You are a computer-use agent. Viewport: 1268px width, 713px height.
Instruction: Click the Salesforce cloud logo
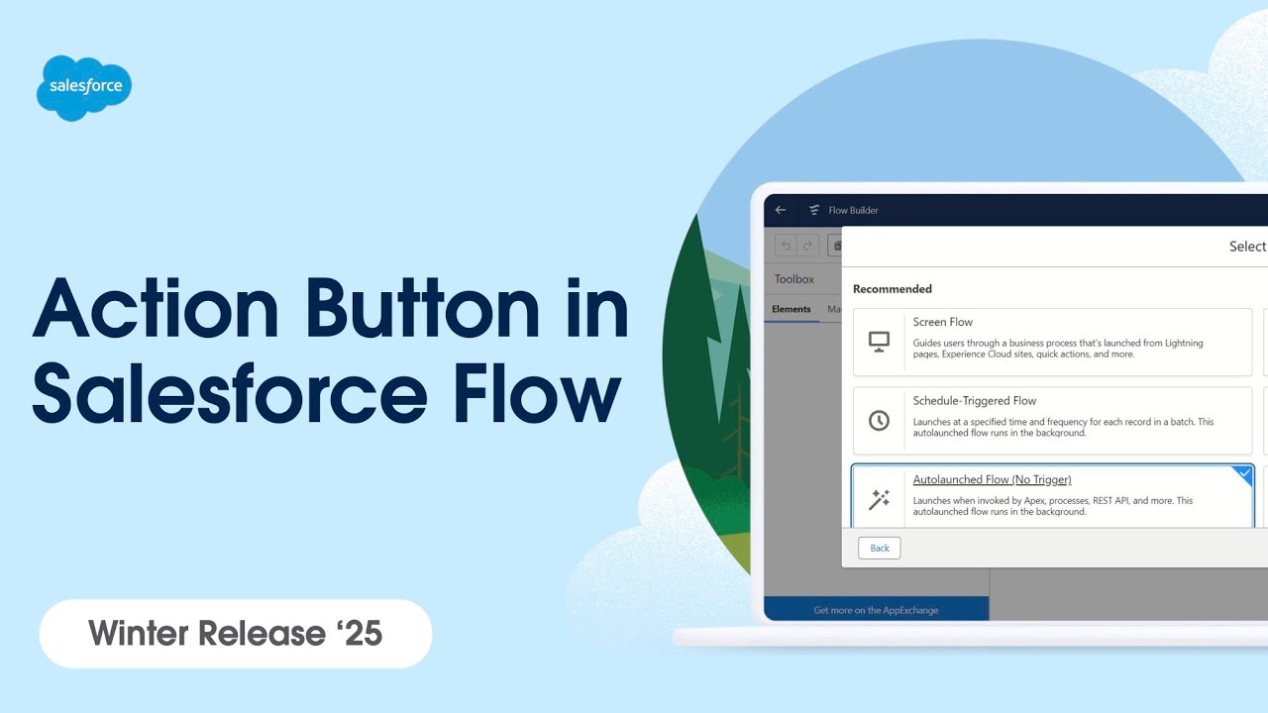[84, 87]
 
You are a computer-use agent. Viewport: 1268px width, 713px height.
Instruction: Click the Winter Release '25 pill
[236, 633]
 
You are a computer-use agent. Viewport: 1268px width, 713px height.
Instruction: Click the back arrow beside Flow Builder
[781, 210]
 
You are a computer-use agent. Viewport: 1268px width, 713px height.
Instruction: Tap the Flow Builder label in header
[853, 210]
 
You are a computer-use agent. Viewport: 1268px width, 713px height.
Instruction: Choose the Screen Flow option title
[942, 322]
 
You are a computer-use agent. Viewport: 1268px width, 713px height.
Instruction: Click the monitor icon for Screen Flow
[879, 342]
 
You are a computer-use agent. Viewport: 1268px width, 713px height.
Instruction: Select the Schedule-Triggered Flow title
[974, 401]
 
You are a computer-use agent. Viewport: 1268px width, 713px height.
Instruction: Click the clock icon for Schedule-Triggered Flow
[879, 421]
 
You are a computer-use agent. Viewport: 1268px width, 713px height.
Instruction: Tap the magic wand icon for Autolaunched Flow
[879, 499]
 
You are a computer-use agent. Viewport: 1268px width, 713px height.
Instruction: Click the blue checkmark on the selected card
[1244, 474]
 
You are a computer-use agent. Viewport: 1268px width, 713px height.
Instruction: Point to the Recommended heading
[892, 289]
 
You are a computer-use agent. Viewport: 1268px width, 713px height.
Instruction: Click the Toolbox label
[794, 279]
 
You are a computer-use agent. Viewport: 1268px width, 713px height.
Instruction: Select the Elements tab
[792, 309]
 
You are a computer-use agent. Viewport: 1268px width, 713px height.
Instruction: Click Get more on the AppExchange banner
[876, 610]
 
